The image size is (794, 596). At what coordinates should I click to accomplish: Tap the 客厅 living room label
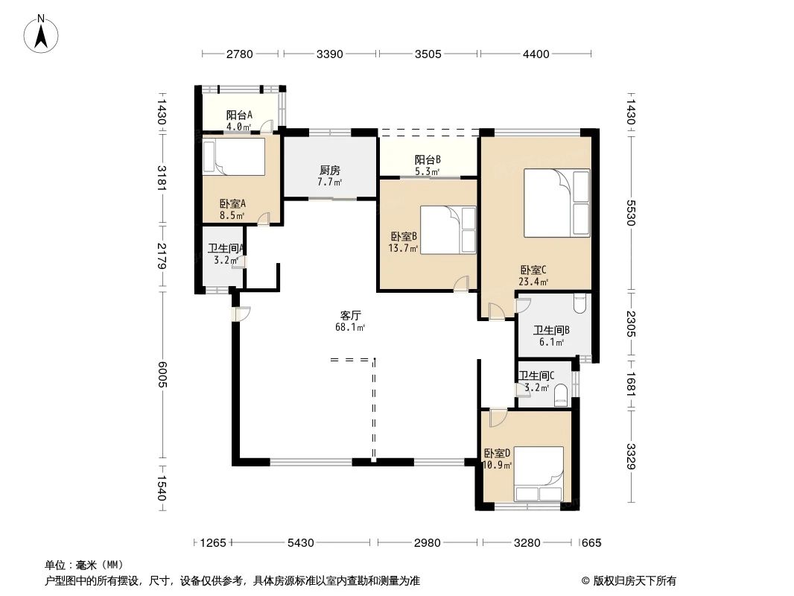point(350,315)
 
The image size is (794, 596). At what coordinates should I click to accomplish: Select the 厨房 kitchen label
point(330,170)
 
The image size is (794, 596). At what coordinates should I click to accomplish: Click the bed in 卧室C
point(557,203)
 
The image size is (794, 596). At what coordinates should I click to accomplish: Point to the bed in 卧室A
point(233,157)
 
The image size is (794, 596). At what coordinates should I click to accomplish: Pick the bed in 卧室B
point(448,230)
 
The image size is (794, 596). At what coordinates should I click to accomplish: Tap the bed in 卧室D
point(539,474)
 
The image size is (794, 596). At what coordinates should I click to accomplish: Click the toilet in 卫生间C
point(561,396)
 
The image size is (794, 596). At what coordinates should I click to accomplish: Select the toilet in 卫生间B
point(579,304)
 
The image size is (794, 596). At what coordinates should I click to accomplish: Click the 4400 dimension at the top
point(536,54)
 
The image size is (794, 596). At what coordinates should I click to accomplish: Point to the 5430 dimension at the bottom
point(301,543)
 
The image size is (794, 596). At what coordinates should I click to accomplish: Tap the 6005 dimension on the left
point(162,375)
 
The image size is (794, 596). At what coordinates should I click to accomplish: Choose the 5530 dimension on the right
point(630,212)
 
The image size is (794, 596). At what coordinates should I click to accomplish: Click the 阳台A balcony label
point(239,115)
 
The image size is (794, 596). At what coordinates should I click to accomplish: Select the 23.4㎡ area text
point(533,282)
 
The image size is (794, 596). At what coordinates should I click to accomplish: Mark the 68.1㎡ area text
point(350,327)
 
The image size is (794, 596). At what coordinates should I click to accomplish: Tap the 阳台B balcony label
point(428,159)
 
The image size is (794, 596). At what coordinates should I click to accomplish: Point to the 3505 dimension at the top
point(428,54)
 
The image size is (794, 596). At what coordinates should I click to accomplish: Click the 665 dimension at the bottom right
point(591,543)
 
